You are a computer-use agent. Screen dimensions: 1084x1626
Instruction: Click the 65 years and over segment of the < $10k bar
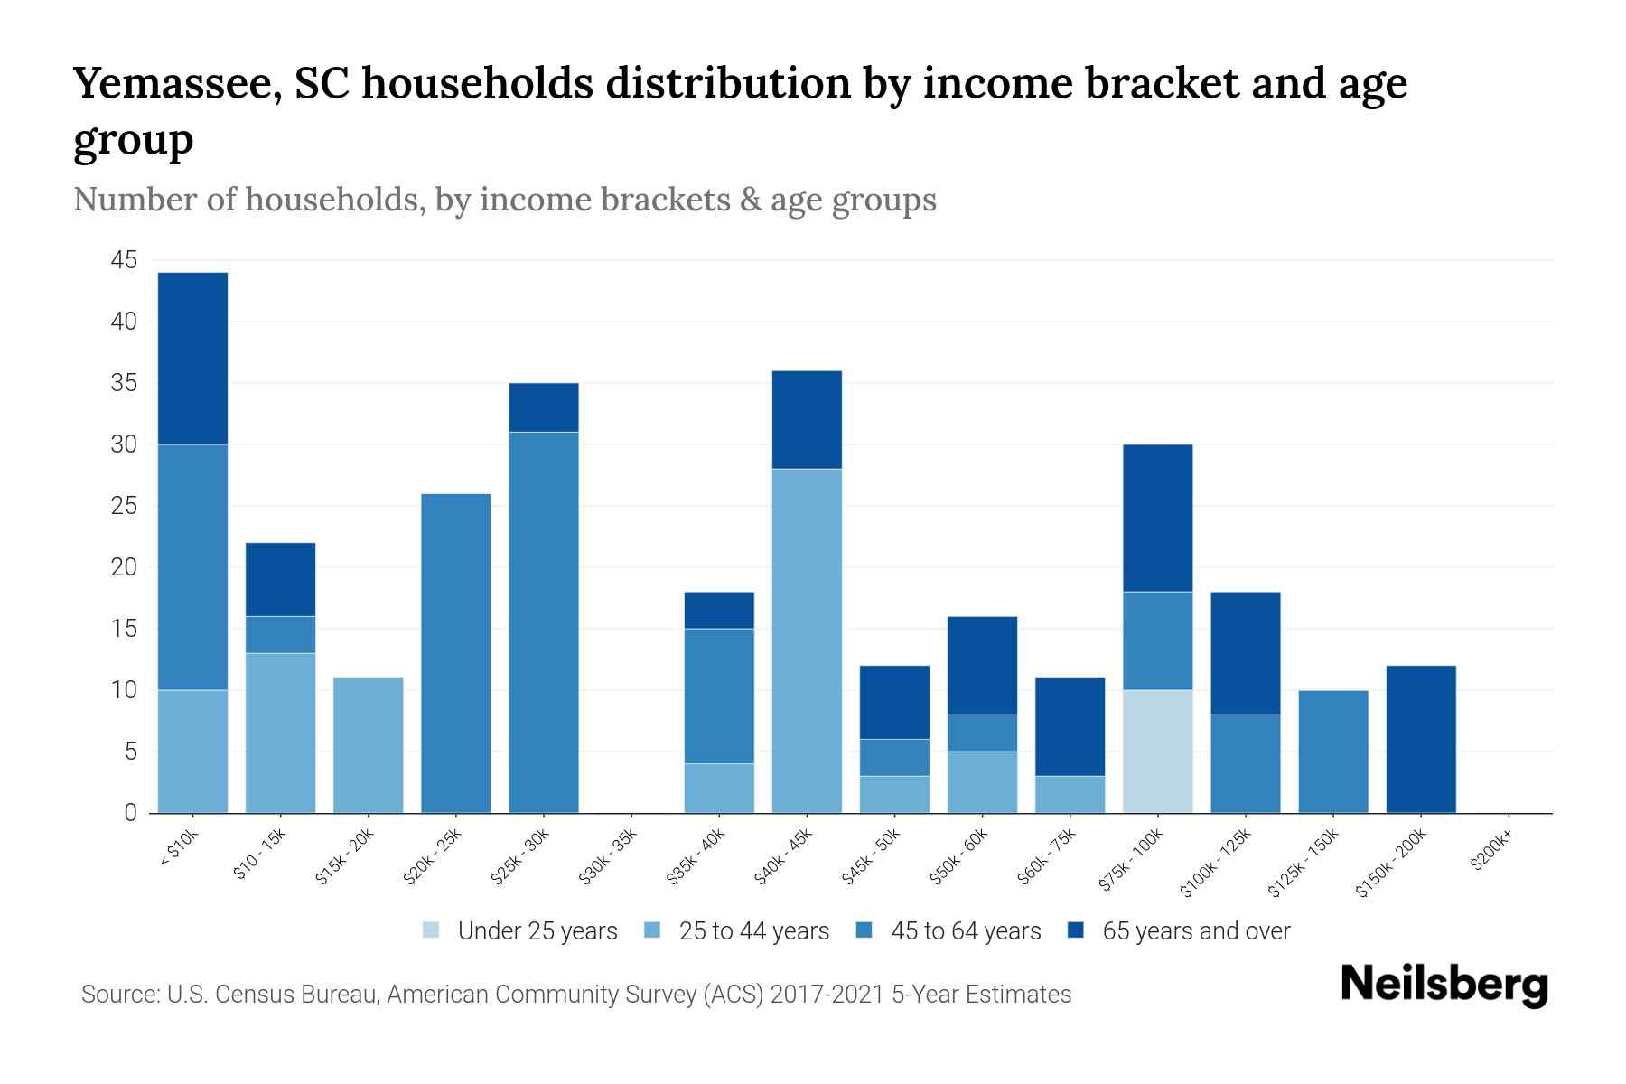[192, 358]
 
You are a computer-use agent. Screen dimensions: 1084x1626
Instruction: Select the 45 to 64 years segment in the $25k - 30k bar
[544, 622]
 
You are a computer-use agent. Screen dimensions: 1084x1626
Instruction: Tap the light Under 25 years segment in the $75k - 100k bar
[1157, 752]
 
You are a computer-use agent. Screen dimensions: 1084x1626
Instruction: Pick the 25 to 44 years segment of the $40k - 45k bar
[807, 640]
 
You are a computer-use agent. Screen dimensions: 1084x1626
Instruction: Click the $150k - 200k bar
[1421, 739]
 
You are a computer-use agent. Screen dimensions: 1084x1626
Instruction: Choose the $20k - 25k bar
[456, 653]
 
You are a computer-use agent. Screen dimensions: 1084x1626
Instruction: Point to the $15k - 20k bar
[369, 745]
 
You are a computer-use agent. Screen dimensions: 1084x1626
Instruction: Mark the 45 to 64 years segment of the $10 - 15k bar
[281, 634]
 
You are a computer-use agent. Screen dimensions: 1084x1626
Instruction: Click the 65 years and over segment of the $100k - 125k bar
[1245, 653]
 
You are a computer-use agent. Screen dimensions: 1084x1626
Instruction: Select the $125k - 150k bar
[1333, 752]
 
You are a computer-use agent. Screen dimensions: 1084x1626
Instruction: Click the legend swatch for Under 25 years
[432, 930]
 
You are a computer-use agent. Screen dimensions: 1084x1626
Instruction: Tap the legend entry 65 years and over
[1195, 931]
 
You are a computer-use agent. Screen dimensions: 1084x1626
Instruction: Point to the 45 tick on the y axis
[124, 261]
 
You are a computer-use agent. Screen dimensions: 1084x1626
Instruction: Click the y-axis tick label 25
[124, 506]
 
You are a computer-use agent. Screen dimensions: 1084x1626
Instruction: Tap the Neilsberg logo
[1444, 984]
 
